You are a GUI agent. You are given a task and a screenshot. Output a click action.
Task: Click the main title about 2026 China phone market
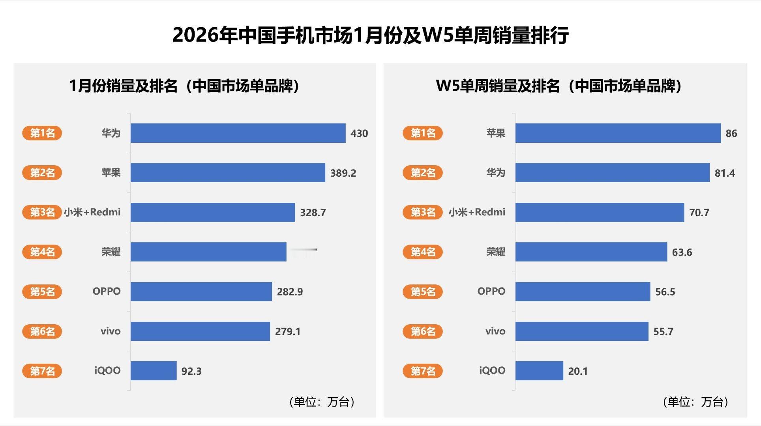click(370, 35)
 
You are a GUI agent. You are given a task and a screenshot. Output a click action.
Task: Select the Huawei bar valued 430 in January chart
click(238, 133)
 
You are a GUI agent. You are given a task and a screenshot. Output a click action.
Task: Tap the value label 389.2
click(343, 173)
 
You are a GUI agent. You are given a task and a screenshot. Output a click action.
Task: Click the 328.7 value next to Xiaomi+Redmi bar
click(313, 213)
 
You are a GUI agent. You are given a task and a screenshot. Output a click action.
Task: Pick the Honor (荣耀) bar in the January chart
click(208, 252)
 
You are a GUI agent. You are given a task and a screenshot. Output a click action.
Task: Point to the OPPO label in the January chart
click(106, 291)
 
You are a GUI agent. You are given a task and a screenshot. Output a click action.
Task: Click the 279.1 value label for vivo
click(287, 331)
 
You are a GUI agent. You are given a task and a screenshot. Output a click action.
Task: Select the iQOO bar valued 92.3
click(153, 371)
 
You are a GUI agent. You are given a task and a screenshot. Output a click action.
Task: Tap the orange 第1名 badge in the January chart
click(42, 133)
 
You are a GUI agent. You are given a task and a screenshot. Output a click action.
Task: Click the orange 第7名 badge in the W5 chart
click(422, 371)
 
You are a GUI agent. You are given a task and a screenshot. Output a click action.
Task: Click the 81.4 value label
click(724, 173)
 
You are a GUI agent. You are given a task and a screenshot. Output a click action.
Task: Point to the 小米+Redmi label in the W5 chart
click(476, 212)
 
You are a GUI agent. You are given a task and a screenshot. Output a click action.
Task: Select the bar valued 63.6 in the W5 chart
click(590, 252)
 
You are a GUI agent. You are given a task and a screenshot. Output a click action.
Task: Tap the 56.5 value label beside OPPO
click(665, 291)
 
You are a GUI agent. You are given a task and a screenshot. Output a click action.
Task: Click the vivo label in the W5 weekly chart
click(495, 331)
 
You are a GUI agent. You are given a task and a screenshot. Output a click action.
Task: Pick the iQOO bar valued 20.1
click(539, 371)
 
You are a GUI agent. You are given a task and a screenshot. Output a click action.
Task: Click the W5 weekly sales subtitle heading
click(559, 86)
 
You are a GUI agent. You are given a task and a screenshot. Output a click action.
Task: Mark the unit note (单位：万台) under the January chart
click(322, 402)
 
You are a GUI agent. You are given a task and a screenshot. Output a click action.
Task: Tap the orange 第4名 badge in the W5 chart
click(422, 252)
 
